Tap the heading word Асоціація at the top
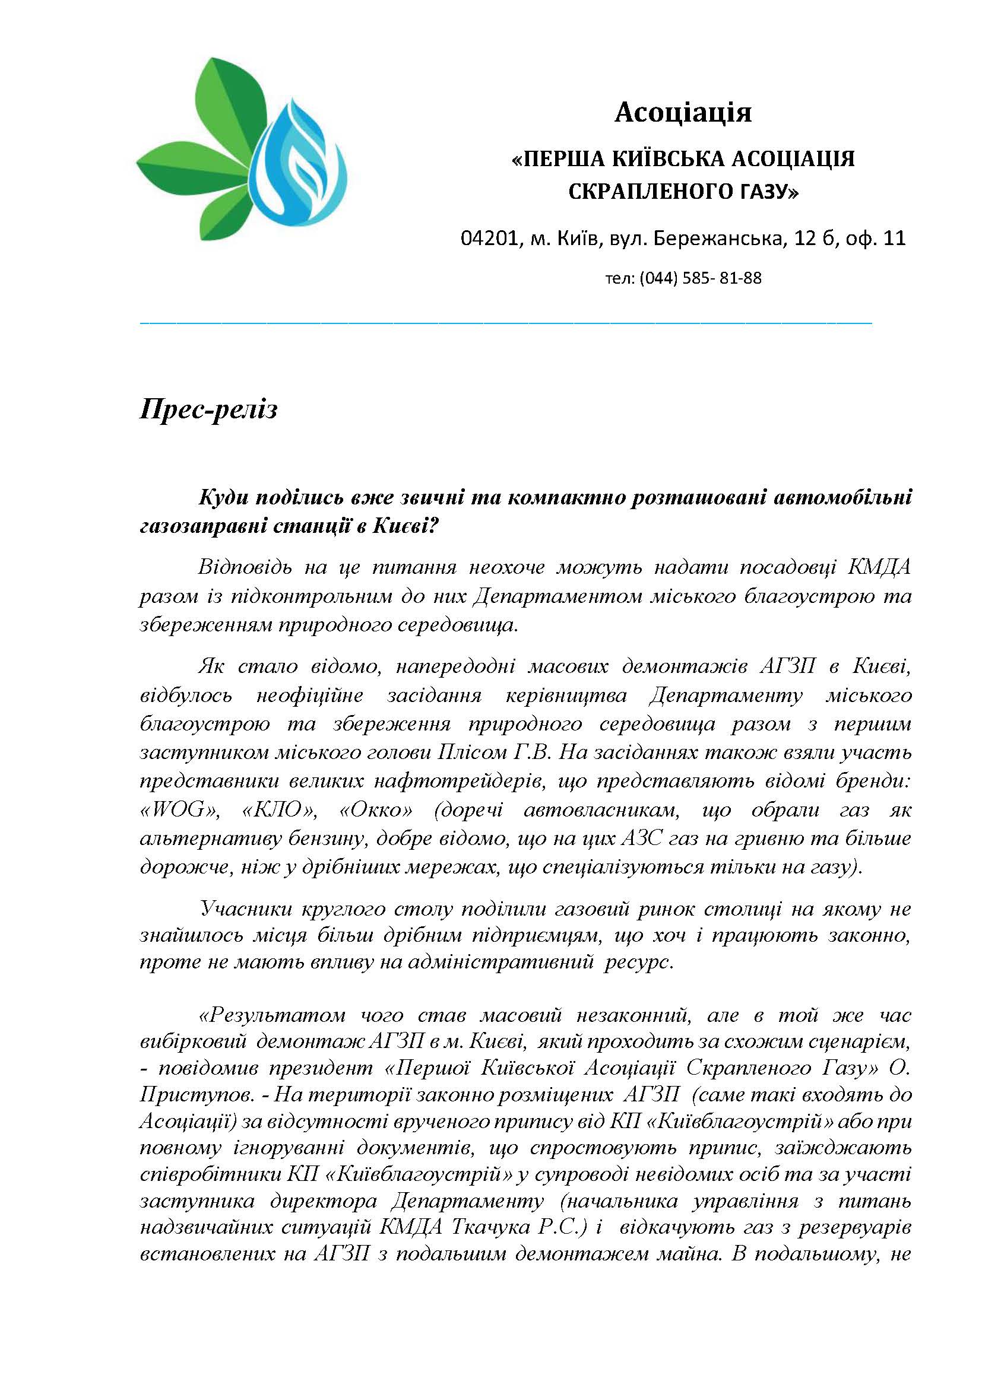pyautogui.click(x=683, y=112)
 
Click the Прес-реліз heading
pyautogui.click(x=208, y=410)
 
